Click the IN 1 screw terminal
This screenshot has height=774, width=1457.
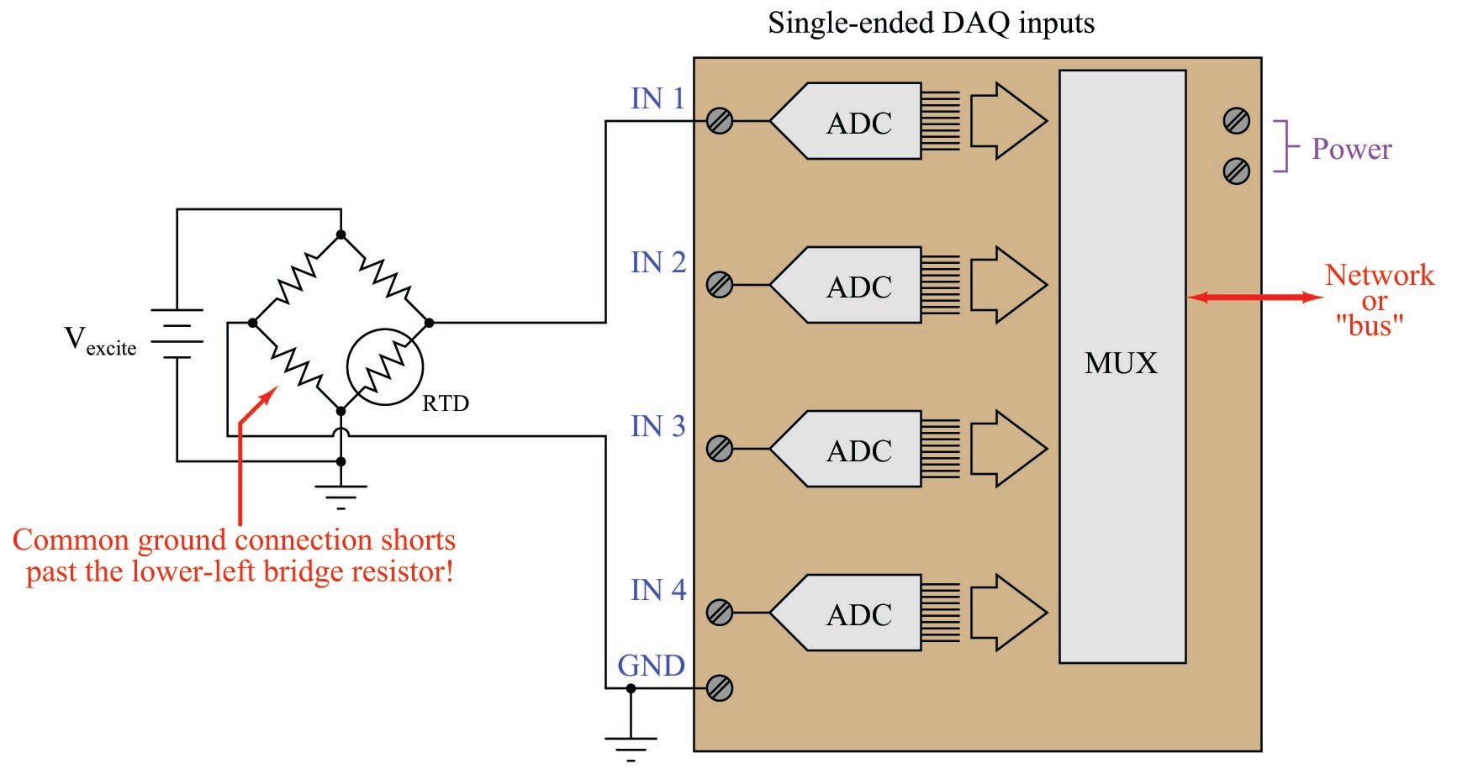point(720,121)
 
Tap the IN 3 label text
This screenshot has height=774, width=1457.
point(658,427)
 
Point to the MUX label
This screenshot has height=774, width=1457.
point(1121,363)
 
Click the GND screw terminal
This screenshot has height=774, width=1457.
point(720,688)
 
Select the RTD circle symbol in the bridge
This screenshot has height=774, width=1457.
point(385,366)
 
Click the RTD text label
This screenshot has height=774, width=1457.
point(445,404)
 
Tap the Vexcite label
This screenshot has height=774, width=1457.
point(100,342)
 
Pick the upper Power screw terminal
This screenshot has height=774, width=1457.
point(1236,121)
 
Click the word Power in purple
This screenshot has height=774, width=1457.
point(1351,150)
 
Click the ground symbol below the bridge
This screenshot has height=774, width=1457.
point(340,496)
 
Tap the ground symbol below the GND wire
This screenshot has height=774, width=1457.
point(631,746)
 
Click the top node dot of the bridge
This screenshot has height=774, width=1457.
point(340,234)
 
